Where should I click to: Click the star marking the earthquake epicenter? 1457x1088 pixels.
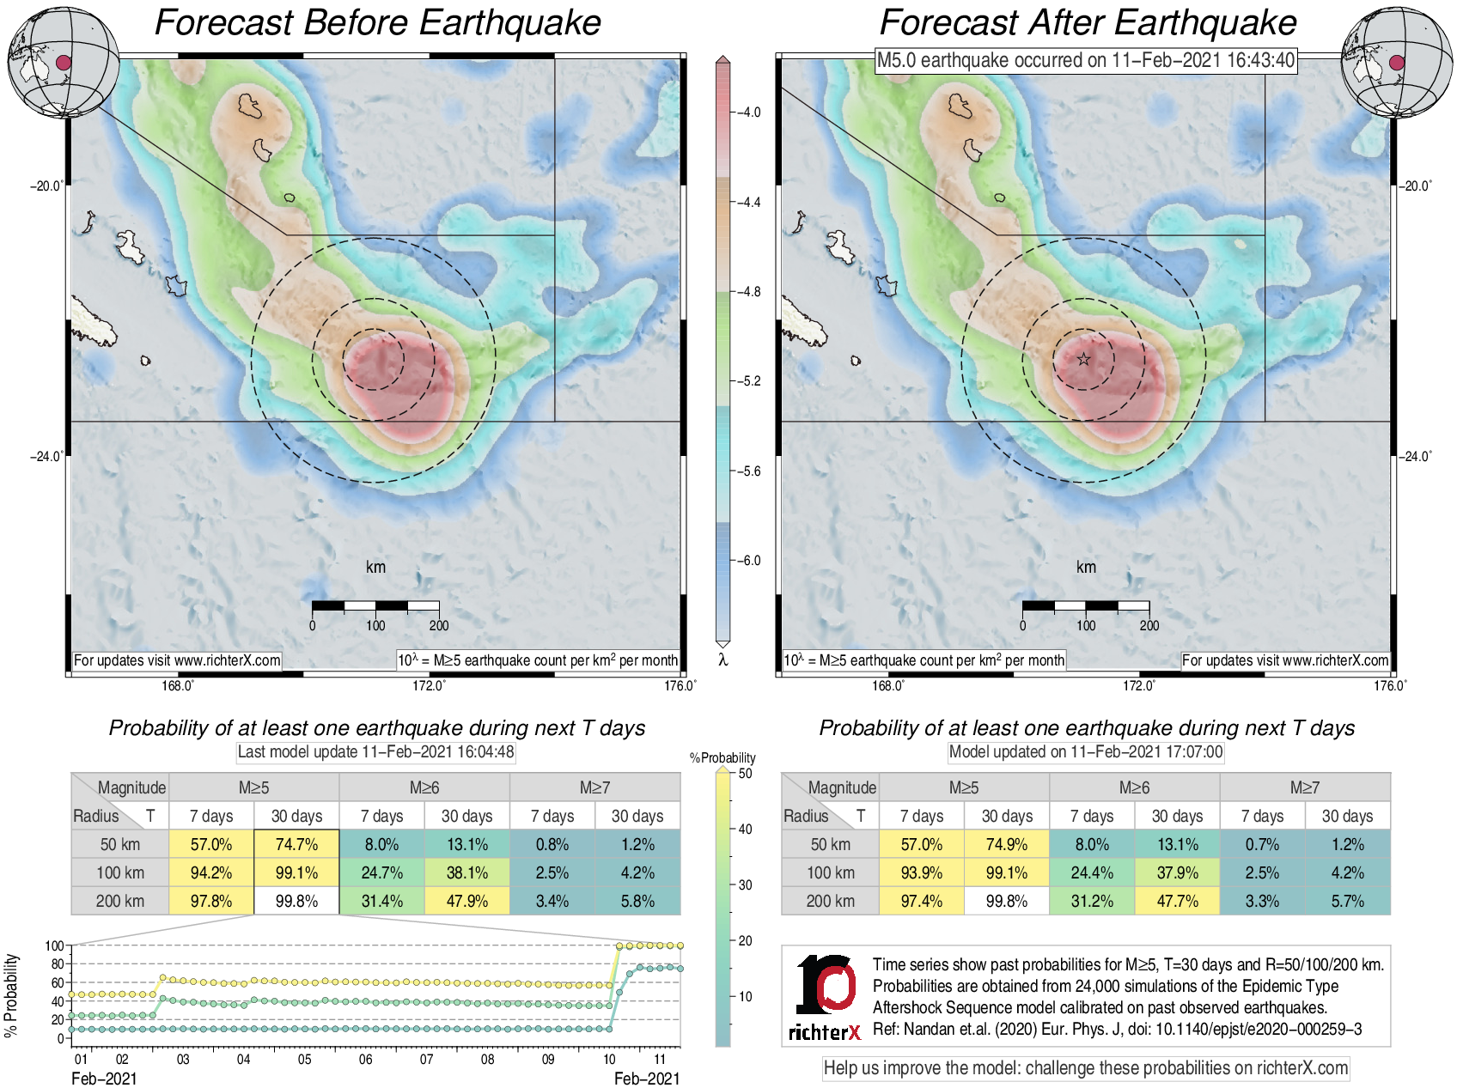pyautogui.click(x=1084, y=359)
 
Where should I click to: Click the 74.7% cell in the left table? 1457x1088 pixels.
pyautogui.click(x=296, y=844)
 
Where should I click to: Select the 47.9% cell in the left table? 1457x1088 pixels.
pyautogui.click(x=466, y=901)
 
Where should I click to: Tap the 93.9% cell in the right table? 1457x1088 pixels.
pyautogui.click(x=921, y=872)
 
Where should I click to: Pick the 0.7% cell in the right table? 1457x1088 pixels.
pyautogui.click(x=1262, y=844)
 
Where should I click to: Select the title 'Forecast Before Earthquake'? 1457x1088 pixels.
pyautogui.click(x=377, y=22)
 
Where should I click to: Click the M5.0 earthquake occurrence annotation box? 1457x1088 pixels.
pyautogui.click(x=1085, y=60)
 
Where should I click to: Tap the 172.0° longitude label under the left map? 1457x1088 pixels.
pyautogui.click(x=429, y=685)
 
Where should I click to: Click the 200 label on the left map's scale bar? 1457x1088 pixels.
pyautogui.click(x=439, y=625)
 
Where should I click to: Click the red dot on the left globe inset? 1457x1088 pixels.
pyautogui.click(x=63, y=62)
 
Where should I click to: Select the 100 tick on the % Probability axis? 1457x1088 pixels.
pyautogui.click(x=54, y=945)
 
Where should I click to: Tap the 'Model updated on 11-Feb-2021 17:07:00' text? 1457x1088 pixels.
pyautogui.click(x=1086, y=751)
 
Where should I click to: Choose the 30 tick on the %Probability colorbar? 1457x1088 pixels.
pyautogui.click(x=745, y=884)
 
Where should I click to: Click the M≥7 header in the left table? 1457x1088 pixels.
pyautogui.click(x=594, y=787)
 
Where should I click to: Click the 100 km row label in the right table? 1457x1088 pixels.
pyautogui.click(x=830, y=872)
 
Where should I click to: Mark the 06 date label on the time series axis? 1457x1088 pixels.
pyautogui.click(x=366, y=1059)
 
